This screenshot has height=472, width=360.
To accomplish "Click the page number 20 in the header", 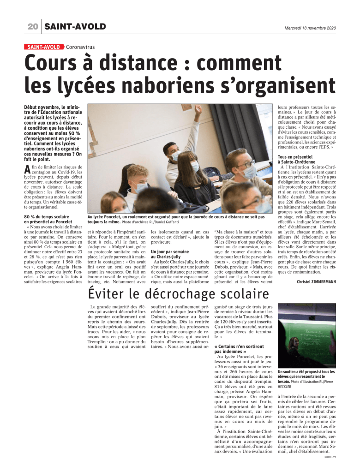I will click(x=32, y=27).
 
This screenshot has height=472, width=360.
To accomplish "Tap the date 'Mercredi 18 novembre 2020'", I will click(x=311, y=28).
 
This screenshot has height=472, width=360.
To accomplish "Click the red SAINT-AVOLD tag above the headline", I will click(x=44, y=47).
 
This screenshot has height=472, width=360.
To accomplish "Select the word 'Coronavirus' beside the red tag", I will click(x=80, y=47).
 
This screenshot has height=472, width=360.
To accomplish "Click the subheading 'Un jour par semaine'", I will click(x=169, y=252).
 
